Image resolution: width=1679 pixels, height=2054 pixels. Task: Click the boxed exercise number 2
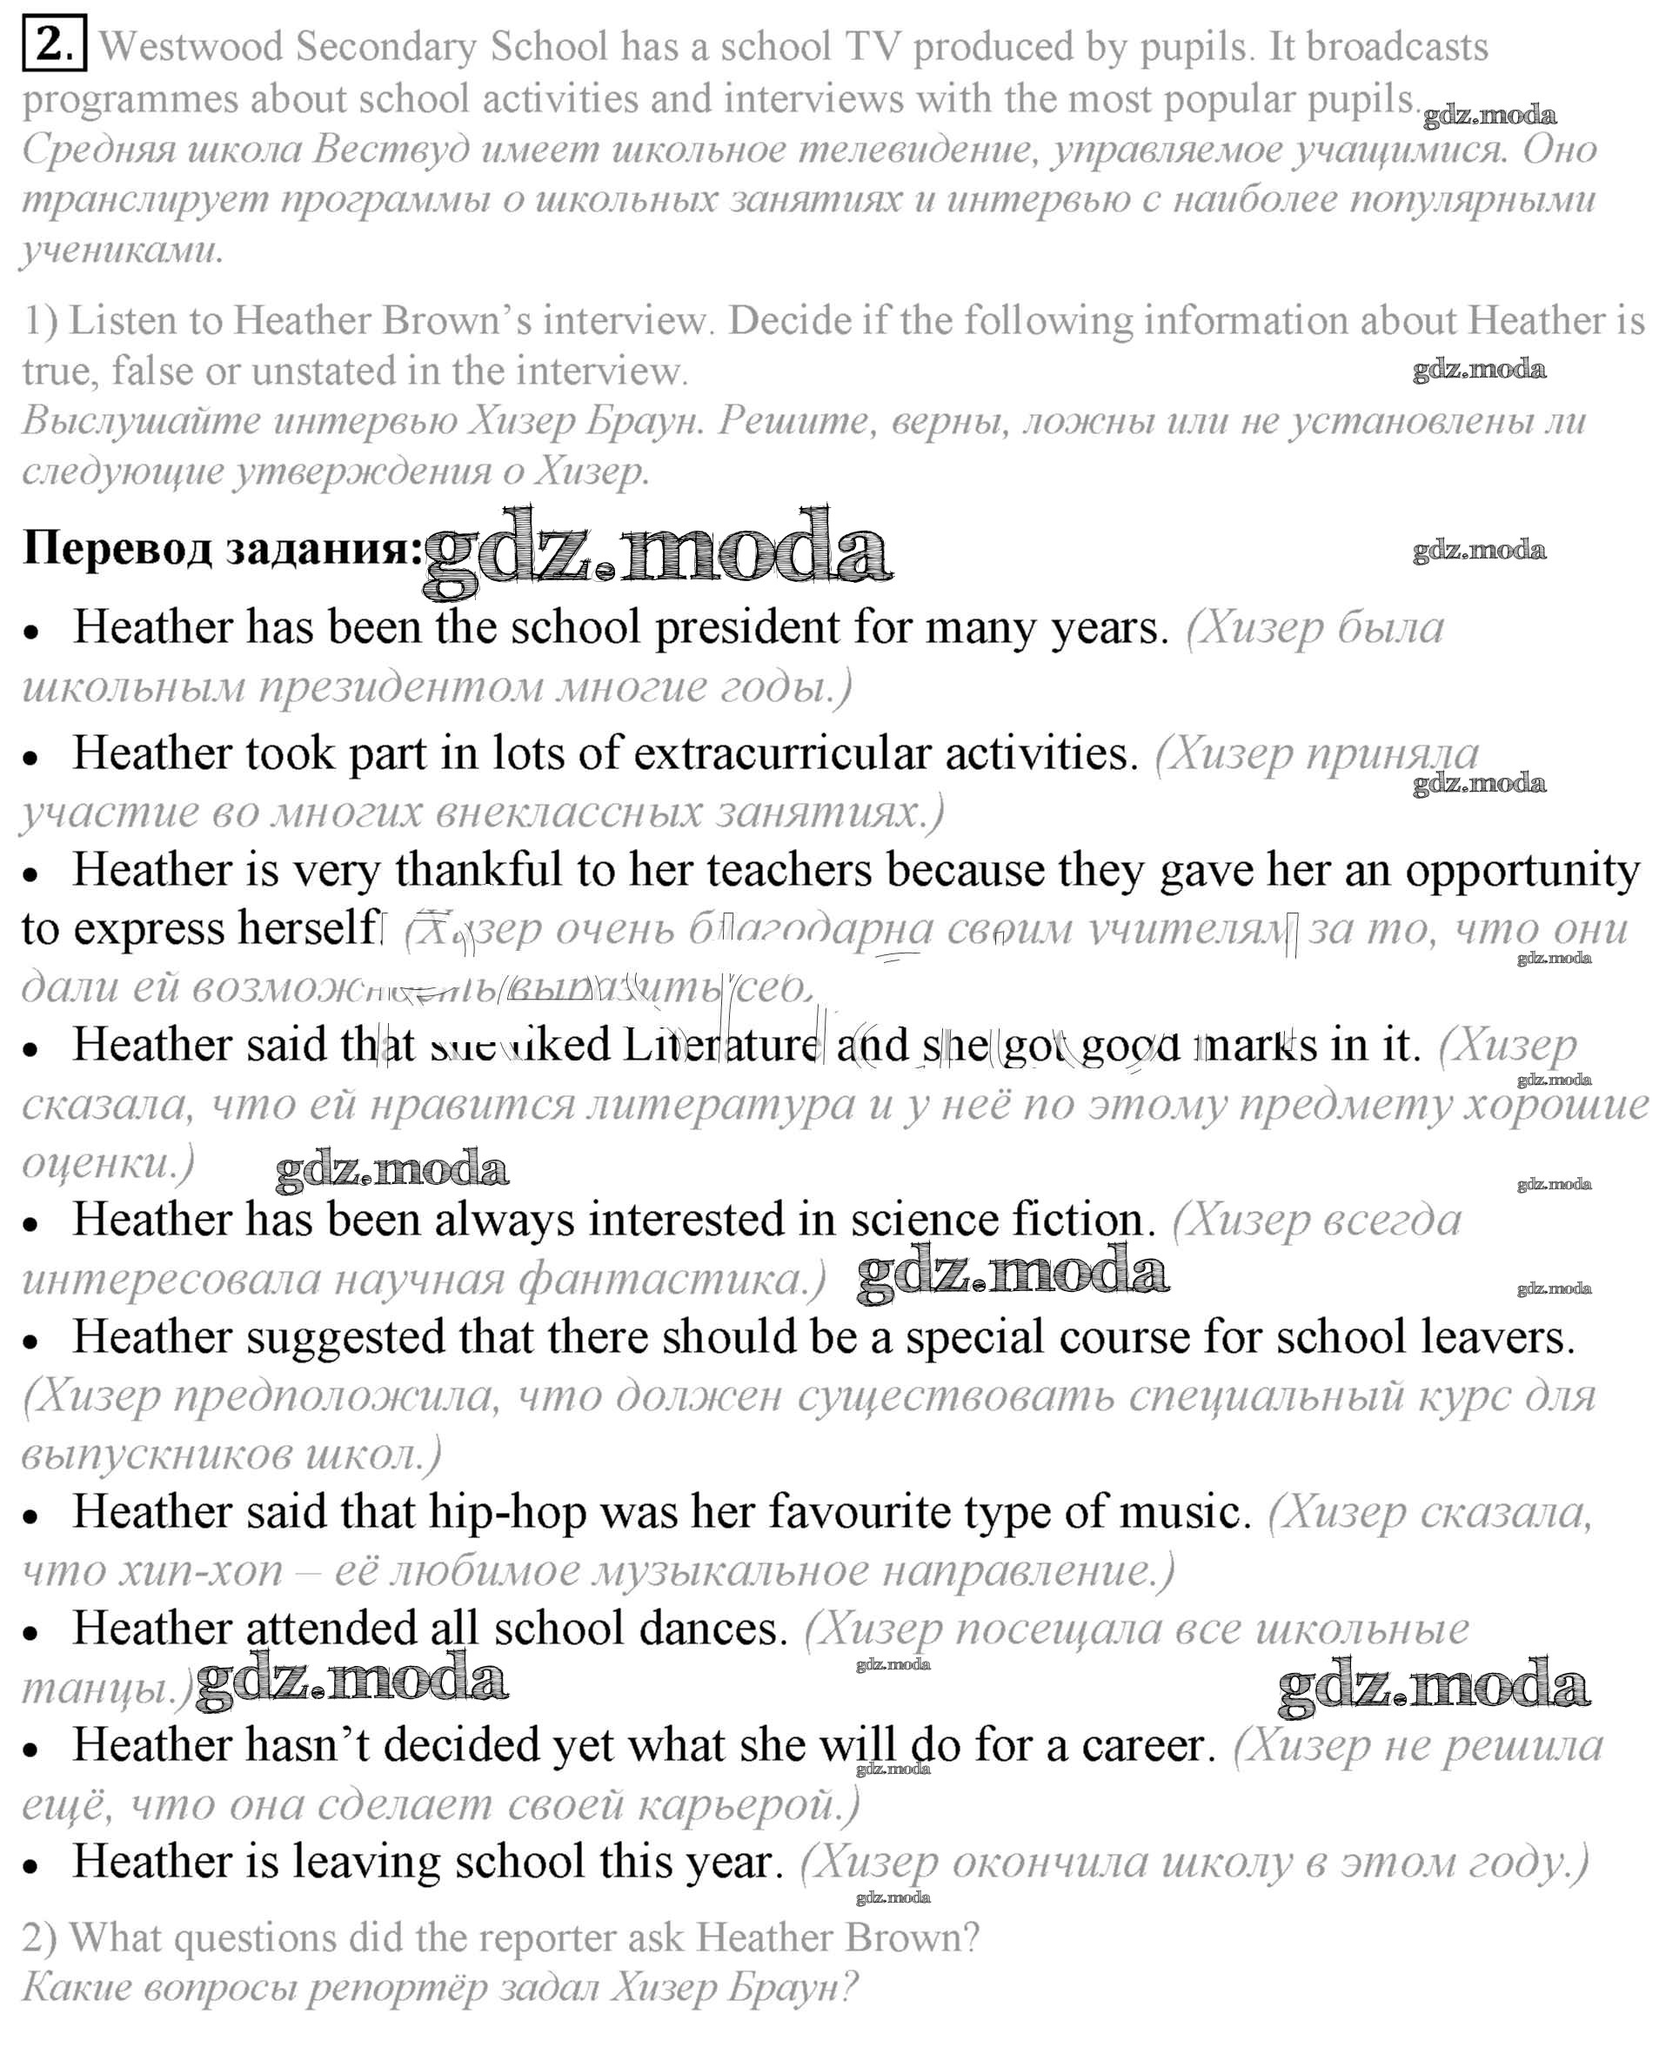[x=54, y=44]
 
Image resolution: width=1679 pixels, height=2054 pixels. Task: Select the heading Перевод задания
[x=223, y=547]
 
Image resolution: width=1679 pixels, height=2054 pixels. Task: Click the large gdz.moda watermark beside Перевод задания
[x=658, y=547]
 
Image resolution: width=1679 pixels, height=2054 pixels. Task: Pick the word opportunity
[x=1522, y=872]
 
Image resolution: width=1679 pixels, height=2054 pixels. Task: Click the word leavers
[x=1498, y=1337]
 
